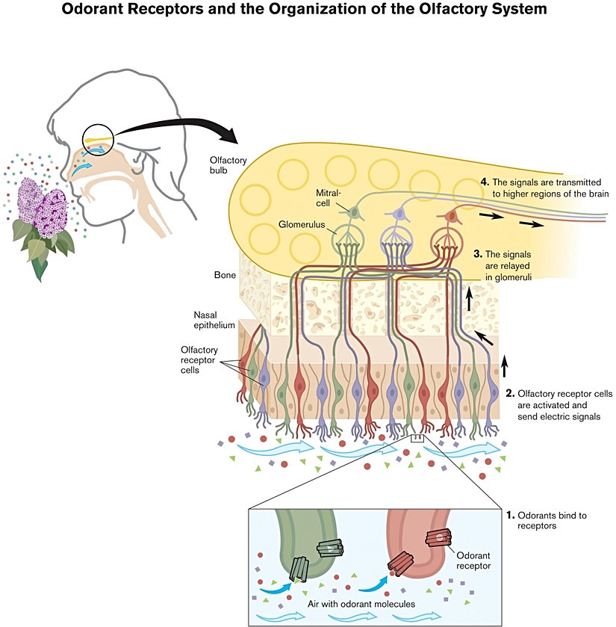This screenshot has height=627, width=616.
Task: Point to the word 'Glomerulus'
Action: pos(300,223)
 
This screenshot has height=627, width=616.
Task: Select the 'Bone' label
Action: pos(224,275)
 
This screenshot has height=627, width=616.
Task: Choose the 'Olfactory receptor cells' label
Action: pos(200,357)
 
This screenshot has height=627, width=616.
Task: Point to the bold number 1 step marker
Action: pos(510,516)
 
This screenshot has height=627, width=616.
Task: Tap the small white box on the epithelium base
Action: pos(417,439)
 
